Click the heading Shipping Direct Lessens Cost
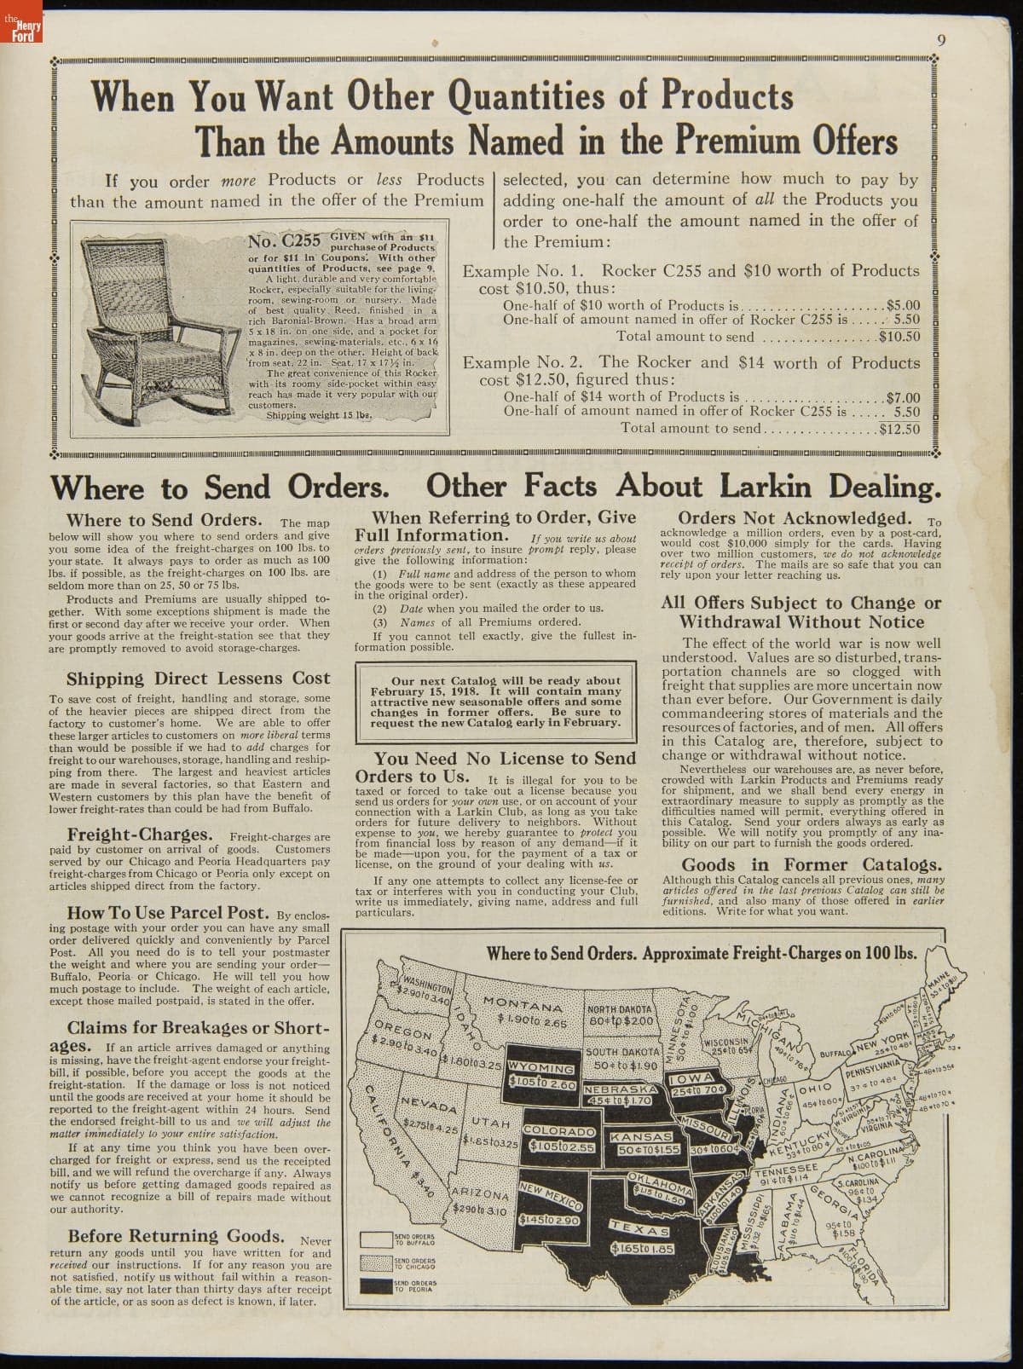pos(198,679)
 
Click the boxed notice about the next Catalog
pos(495,701)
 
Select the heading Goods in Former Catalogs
pos(801,864)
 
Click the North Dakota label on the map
pos(620,1009)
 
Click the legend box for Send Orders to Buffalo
pos(376,1239)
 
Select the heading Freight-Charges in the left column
pos(139,834)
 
